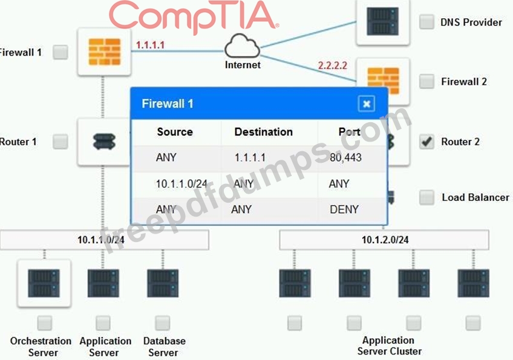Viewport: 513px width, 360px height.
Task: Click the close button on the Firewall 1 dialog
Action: (x=366, y=103)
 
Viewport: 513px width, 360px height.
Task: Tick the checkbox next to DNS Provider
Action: (x=427, y=22)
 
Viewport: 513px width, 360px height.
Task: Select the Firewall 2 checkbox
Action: (x=427, y=81)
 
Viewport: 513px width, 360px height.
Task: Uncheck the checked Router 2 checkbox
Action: (x=427, y=142)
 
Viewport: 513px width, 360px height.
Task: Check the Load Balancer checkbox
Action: (x=427, y=197)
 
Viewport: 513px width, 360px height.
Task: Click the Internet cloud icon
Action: (x=242, y=46)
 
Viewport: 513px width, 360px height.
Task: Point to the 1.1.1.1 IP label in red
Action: (x=150, y=45)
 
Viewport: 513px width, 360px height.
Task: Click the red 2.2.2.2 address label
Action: (x=332, y=65)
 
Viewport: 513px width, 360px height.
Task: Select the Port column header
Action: (x=349, y=132)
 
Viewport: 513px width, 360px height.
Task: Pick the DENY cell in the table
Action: (x=344, y=209)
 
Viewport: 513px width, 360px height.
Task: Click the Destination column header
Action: (x=263, y=132)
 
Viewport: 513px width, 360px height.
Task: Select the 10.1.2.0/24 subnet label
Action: (x=385, y=240)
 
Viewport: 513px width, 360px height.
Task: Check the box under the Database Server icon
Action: (x=162, y=322)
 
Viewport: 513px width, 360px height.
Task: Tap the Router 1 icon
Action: (x=103, y=142)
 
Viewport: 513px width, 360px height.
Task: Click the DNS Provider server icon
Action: (x=382, y=21)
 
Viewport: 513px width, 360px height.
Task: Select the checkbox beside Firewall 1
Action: (x=60, y=52)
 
